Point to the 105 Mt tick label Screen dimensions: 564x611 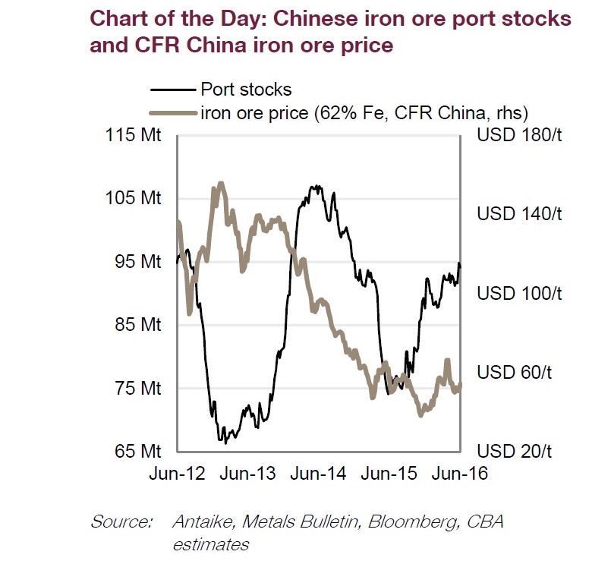(x=138, y=198)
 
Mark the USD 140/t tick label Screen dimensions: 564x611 (x=519, y=214)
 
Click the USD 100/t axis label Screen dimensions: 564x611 (x=519, y=294)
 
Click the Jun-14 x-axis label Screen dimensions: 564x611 (x=320, y=473)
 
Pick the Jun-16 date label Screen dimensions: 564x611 (x=459, y=473)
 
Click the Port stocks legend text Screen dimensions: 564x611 (x=246, y=91)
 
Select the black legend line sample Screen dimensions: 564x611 (x=173, y=91)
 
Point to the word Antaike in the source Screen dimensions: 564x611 (x=200, y=522)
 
